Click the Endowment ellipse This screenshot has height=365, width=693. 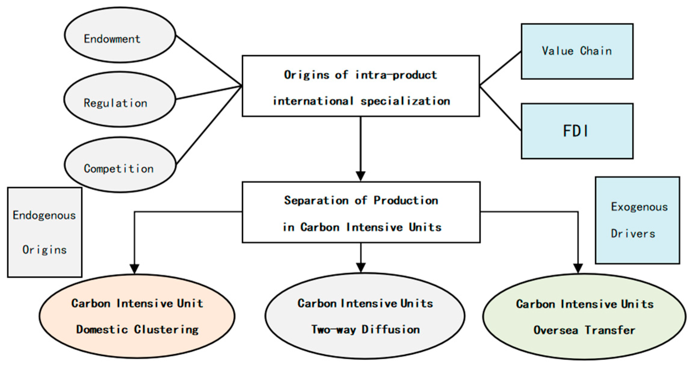120,35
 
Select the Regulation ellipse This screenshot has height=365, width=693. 120,100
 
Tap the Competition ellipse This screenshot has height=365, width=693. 120,165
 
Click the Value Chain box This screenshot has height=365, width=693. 577,51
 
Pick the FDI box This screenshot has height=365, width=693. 577,131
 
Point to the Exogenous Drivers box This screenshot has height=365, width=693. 637,220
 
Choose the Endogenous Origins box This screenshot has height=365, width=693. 45,232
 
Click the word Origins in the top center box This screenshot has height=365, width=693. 306,75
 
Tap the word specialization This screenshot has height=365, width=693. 405,101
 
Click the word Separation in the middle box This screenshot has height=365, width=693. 316,201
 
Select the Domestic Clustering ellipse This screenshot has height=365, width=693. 137,316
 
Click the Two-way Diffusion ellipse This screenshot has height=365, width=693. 365,316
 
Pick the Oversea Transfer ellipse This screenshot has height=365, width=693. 584,317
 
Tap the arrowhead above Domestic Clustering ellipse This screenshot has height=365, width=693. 134,269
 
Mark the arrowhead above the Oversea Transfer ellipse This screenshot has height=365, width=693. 578,268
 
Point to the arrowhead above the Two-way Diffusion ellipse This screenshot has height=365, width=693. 360,268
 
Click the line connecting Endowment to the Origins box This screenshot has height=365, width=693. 209,60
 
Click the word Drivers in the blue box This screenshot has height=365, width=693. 633,234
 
